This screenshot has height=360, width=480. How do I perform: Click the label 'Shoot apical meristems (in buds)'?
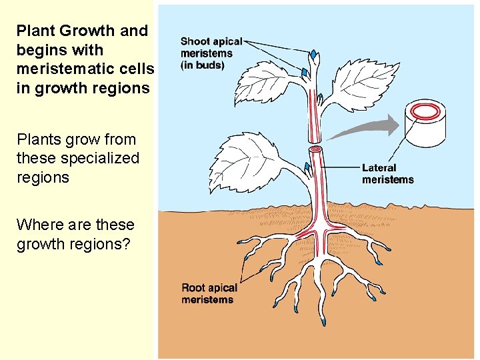pyautogui.click(x=211, y=53)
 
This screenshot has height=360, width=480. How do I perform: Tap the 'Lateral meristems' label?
pyautogui.click(x=387, y=173)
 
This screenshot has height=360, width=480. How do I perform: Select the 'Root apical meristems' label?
pyautogui.click(x=209, y=293)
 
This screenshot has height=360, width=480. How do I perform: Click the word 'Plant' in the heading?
pyautogui.click(x=34, y=31)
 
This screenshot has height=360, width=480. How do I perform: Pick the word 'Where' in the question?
pyautogui.click(x=37, y=225)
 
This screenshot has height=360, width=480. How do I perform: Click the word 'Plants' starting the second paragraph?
pyautogui.click(x=39, y=139)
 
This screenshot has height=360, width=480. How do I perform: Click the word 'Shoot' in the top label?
pyautogui.click(x=196, y=41)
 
